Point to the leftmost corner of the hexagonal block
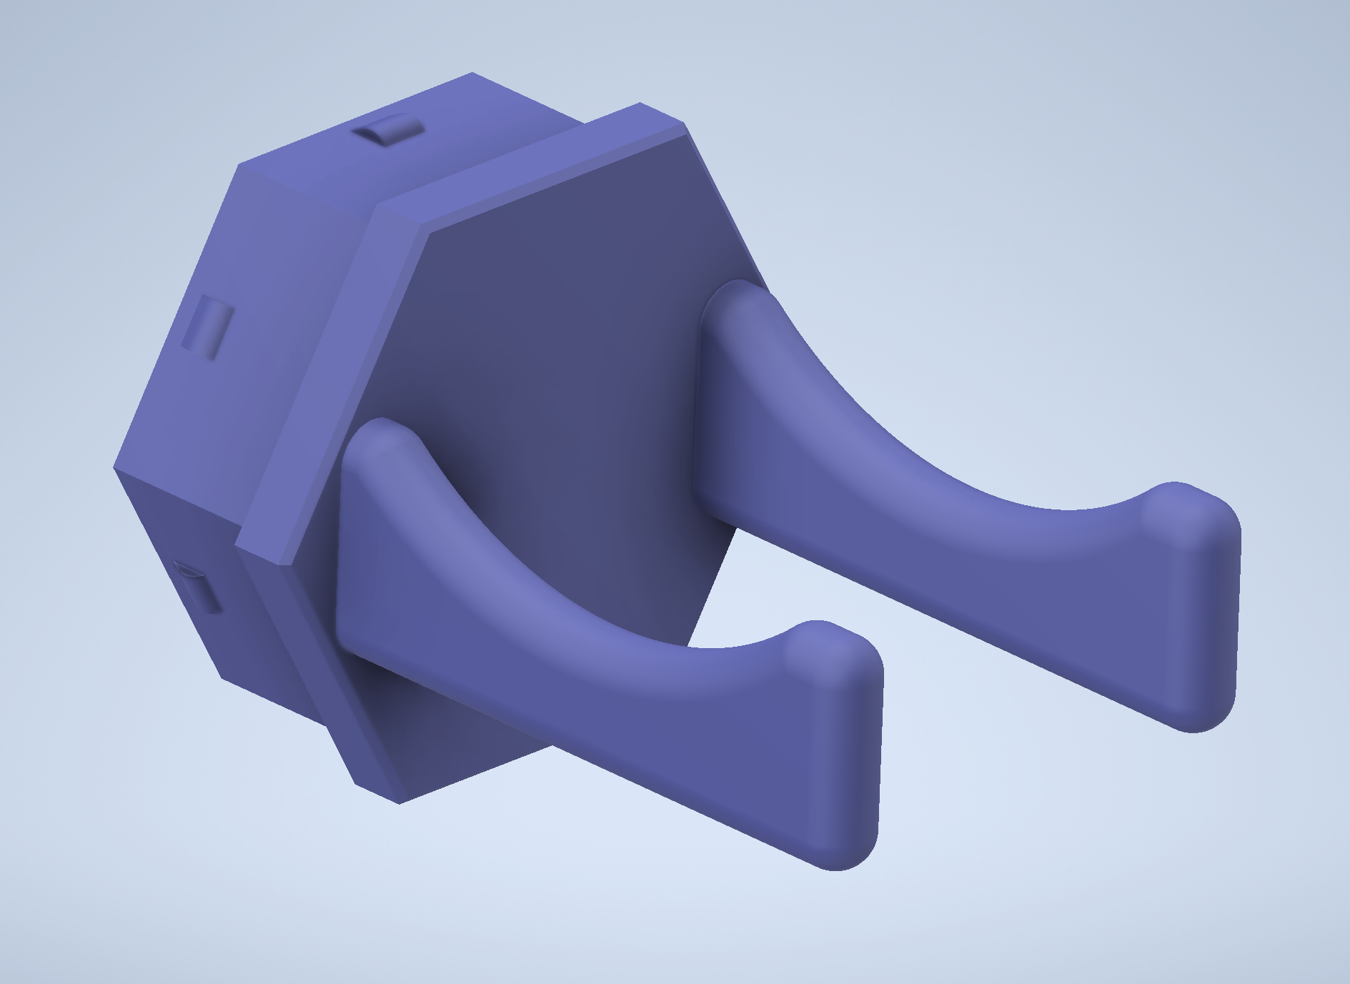point(115,468)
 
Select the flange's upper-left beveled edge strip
point(307,379)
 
